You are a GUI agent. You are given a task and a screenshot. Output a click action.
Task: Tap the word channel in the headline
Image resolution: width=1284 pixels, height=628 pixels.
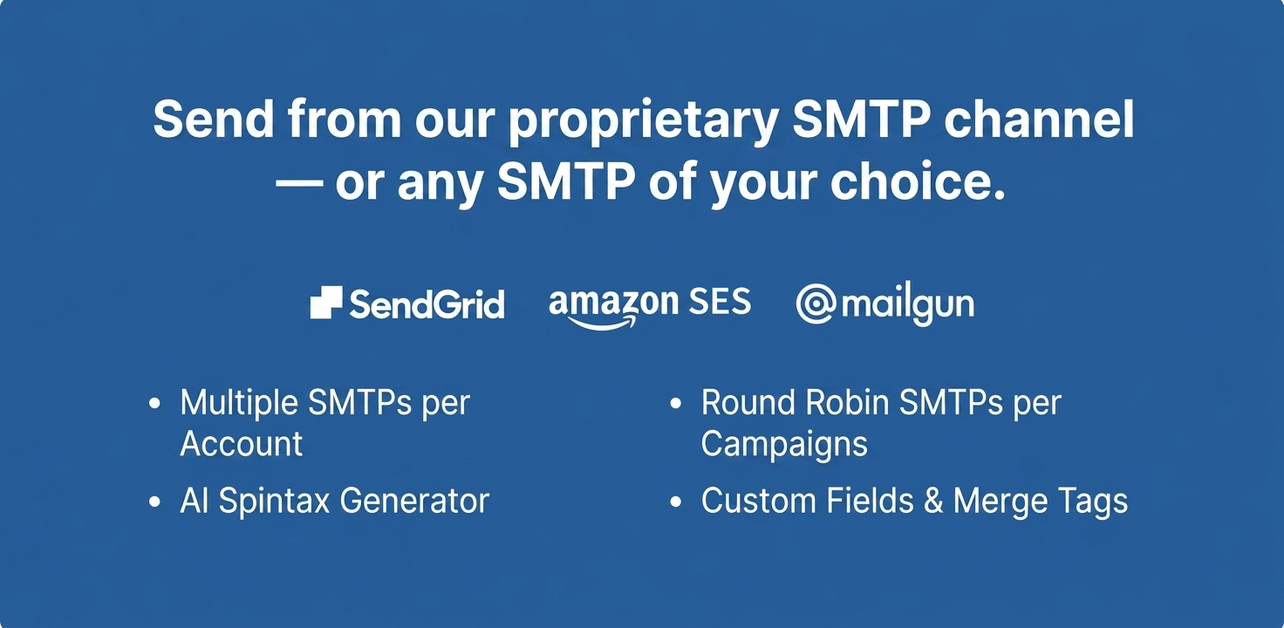coord(1039,118)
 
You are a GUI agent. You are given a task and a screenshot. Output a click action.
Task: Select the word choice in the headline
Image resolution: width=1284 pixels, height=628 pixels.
coord(917,181)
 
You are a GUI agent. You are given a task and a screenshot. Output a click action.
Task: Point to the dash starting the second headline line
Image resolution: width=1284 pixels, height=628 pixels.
coord(298,183)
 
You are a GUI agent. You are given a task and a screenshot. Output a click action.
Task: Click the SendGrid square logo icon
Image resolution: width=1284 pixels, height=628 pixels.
coord(326,302)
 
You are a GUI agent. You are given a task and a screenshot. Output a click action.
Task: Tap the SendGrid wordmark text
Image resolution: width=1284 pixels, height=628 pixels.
coord(427,304)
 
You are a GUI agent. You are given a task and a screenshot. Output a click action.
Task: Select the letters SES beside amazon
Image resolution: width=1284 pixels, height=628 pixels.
coord(720,301)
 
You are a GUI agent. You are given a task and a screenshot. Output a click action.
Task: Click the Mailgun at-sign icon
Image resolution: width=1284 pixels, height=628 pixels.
coord(816,304)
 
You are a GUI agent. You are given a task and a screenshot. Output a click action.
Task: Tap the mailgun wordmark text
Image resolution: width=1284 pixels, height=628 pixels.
coord(908,304)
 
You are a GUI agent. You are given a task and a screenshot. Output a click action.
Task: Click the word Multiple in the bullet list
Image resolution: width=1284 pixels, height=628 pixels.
coord(239,403)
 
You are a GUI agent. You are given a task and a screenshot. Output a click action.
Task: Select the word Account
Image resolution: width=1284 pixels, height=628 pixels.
coord(242,443)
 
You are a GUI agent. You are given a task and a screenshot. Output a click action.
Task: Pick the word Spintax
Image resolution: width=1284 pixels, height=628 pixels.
coord(274,502)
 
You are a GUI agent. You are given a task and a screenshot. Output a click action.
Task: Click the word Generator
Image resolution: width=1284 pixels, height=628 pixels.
coord(414,501)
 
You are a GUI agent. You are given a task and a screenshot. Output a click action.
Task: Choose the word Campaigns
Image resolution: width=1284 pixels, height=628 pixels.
coord(784,445)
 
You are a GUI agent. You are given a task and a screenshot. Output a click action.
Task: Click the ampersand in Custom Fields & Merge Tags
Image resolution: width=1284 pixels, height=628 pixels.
coord(933,501)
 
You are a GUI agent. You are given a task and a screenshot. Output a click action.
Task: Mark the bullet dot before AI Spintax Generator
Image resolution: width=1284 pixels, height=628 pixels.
coord(154,502)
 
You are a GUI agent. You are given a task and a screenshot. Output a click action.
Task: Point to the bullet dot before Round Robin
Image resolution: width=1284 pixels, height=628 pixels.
coord(676,403)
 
